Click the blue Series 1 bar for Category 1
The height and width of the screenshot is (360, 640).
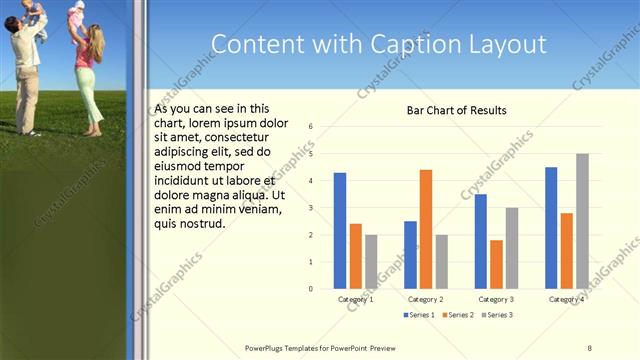click(340, 230)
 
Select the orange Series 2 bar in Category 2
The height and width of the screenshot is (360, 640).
click(425, 229)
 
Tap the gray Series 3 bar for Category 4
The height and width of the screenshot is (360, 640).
click(582, 221)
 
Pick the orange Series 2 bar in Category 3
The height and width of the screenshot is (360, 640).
click(496, 264)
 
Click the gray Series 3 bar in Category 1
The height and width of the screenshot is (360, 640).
click(371, 262)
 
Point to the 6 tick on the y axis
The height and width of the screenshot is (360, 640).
click(312, 126)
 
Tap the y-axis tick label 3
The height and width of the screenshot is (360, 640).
click(312, 208)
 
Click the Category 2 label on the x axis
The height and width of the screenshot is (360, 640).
click(426, 299)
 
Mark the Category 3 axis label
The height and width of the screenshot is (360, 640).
click(496, 299)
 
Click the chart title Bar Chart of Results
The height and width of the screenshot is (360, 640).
click(456, 110)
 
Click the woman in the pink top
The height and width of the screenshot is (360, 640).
click(86, 75)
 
